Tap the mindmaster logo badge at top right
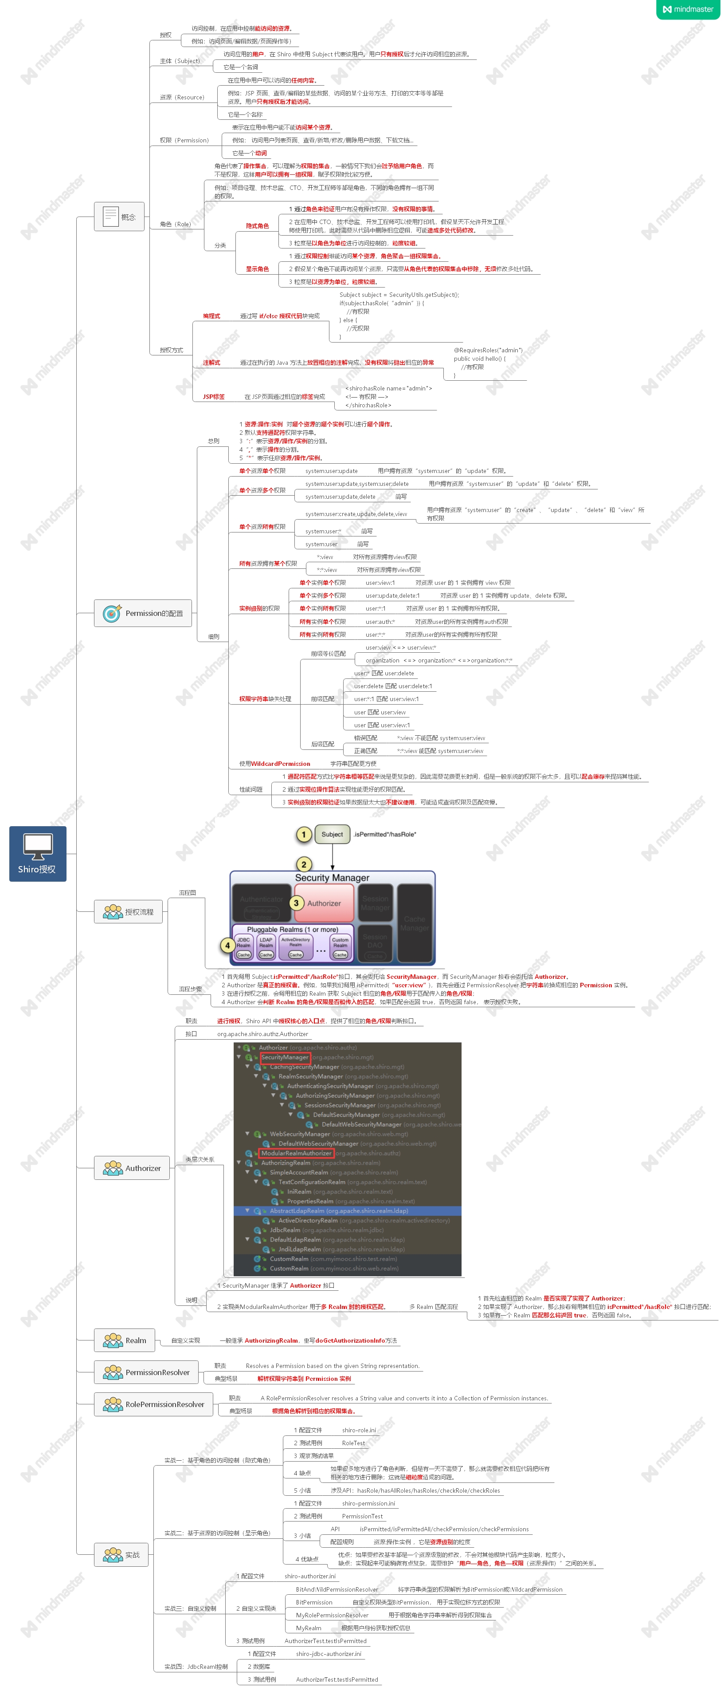[x=688, y=9]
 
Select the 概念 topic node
[x=118, y=217]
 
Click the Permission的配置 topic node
[x=143, y=613]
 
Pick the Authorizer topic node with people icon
[x=132, y=1168]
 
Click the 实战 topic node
[x=121, y=1555]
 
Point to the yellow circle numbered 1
[x=303, y=834]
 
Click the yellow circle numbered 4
[x=227, y=946]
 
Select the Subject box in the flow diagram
[x=332, y=834]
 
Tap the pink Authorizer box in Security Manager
[x=324, y=903]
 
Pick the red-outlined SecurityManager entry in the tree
[x=285, y=1057]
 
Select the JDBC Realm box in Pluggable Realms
[x=243, y=943]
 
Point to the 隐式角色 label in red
[x=257, y=226]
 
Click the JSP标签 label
[x=213, y=397]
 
